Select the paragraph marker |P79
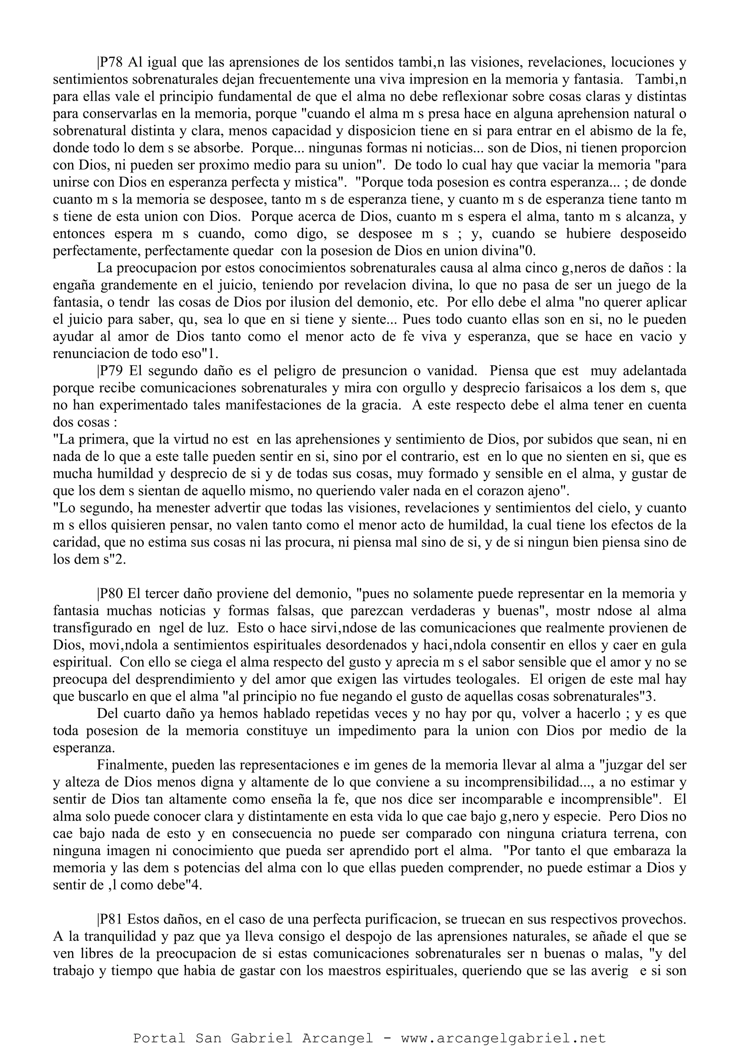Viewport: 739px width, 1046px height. coord(111,371)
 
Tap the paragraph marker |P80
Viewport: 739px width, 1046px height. coord(111,594)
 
